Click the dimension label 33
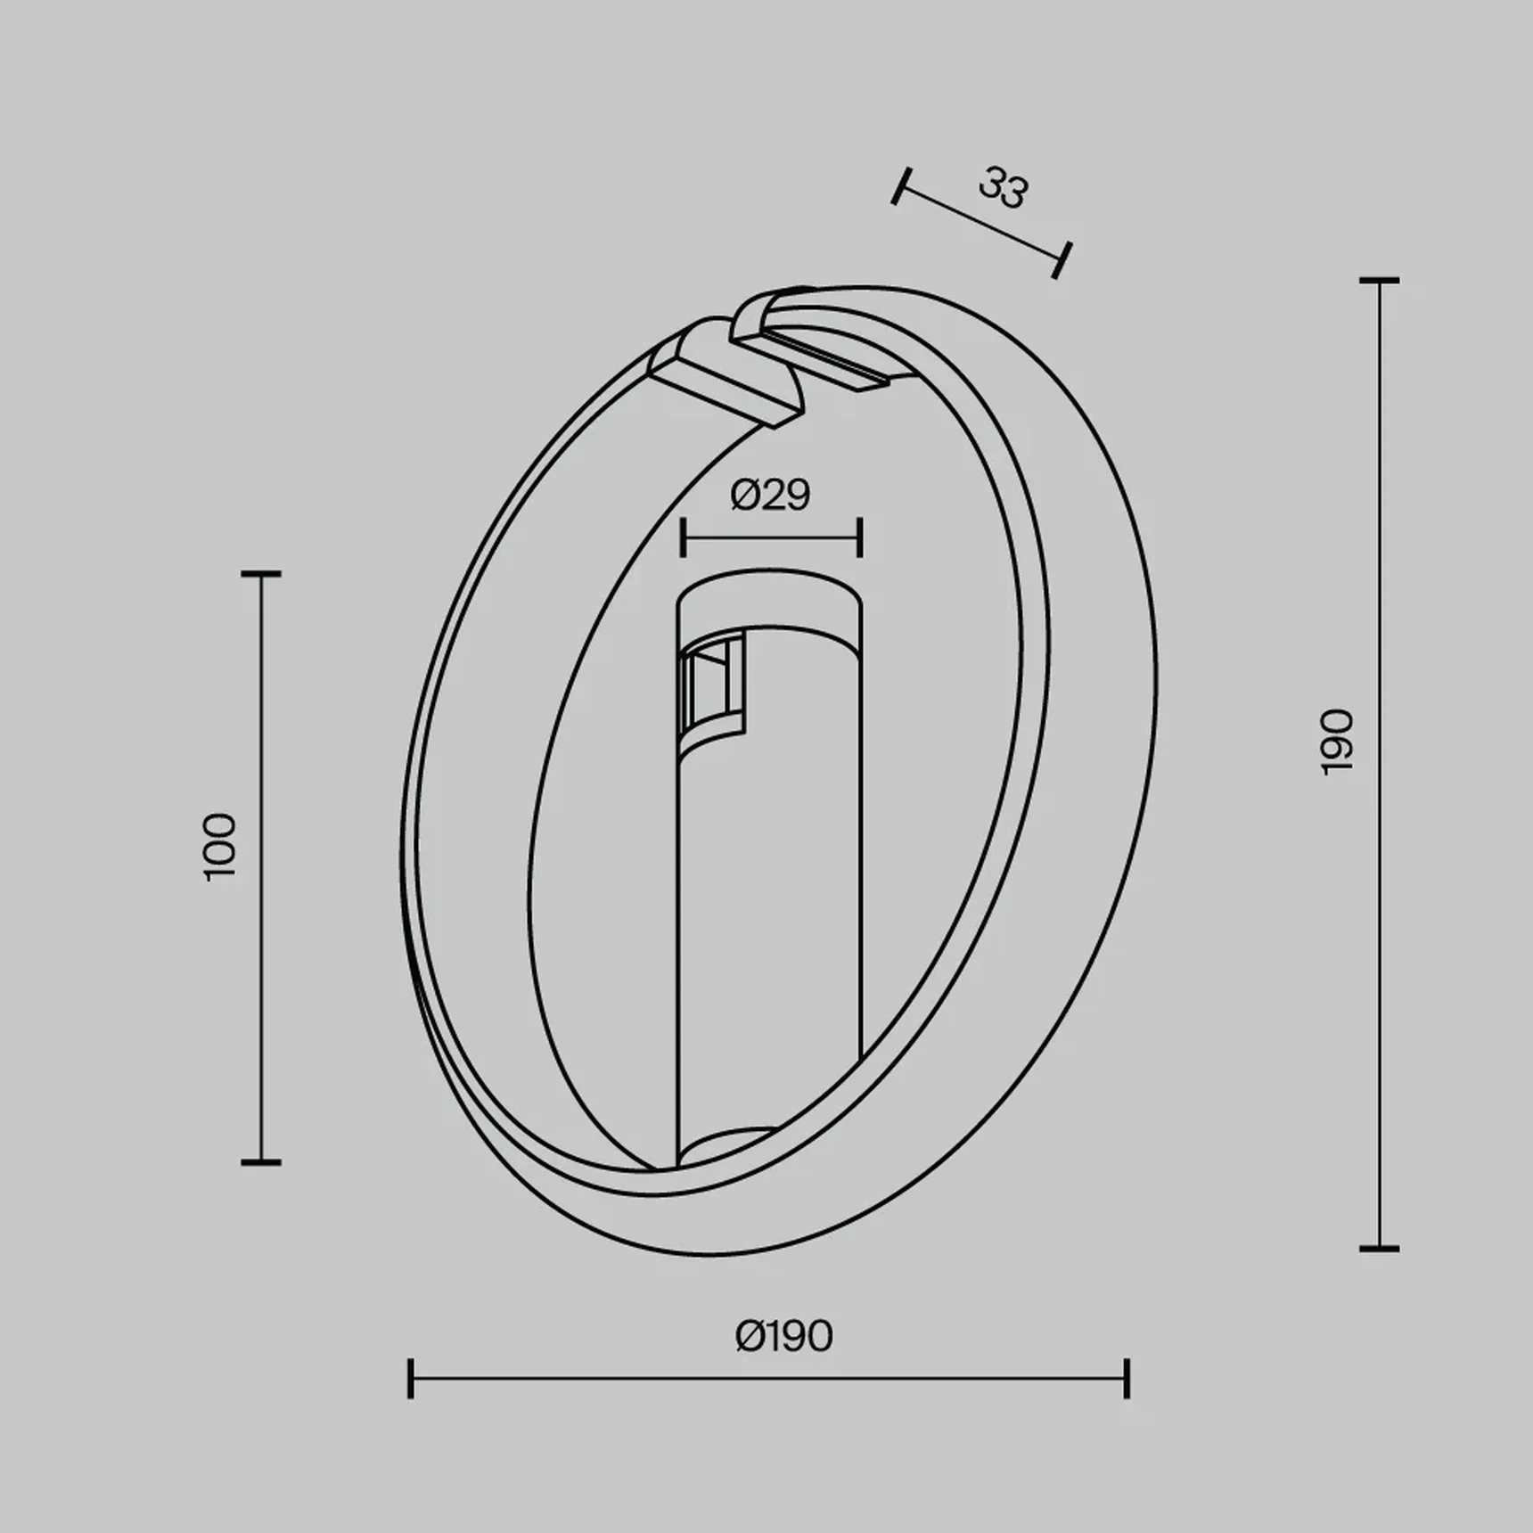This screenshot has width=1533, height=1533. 1004,188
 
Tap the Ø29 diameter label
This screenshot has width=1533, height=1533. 770,495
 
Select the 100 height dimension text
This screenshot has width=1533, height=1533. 219,847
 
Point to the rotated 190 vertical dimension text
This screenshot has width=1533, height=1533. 1336,742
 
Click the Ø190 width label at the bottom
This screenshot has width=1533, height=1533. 783,1336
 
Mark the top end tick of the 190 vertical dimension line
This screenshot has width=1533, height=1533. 1379,281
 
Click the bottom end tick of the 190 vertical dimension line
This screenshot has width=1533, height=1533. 1379,1249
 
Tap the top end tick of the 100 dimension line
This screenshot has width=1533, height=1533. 261,575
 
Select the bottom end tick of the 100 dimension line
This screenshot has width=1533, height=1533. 261,1162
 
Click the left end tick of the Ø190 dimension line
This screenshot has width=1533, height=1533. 410,1378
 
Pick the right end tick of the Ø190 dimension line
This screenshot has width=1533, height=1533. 1127,1378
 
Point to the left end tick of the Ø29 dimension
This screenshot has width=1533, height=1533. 683,538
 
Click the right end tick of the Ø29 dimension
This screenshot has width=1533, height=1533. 860,538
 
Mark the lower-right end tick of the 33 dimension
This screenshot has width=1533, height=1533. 1062,259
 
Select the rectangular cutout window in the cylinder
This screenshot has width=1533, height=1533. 710,686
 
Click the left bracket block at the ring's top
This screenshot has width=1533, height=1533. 722,374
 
